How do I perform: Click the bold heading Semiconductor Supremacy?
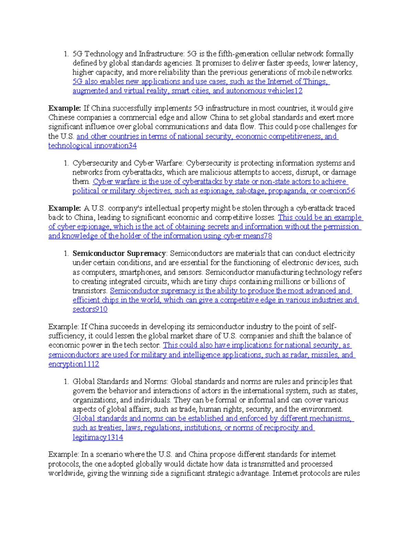click(119, 253)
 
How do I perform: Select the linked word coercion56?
click(337, 191)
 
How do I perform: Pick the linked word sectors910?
click(90, 309)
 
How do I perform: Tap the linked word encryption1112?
click(73, 364)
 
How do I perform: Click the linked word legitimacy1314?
click(98, 437)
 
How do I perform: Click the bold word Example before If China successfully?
click(65, 108)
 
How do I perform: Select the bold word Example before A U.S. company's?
click(65, 208)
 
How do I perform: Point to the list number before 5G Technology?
click(66, 54)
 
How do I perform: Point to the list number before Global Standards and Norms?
click(66, 382)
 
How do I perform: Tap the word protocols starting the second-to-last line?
click(64, 464)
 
